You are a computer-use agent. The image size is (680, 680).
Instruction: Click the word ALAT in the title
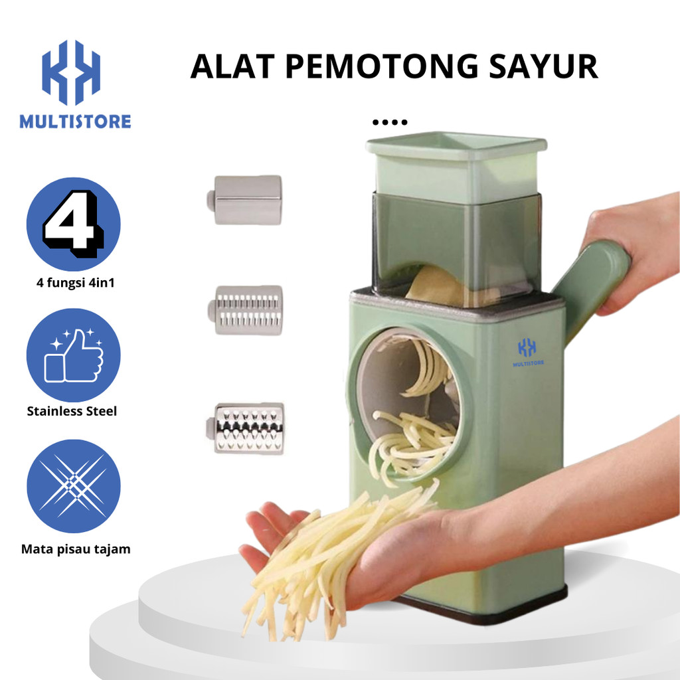pyautogui.click(x=231, y=67)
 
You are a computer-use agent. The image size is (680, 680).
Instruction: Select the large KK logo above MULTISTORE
pyautogui.click(x=70, y=72)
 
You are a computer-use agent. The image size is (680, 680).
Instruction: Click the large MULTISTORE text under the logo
pyautogui.click(x=75, y=122)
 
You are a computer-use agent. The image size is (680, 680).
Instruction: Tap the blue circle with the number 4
pyautogui.click(x=73, y=224)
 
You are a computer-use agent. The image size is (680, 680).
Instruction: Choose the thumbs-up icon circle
pyautogui.click(x=73, y=355)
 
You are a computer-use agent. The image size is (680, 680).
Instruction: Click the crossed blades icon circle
pyautogui.click(x=73, y=486)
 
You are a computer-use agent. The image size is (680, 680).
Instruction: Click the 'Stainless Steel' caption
pyautogui.click(x=72, y=411)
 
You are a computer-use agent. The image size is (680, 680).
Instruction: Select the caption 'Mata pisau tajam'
pyautogui.click(x=76, y=549)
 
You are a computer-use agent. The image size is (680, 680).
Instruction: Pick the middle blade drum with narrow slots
pyautogui.click(x=246, y=309)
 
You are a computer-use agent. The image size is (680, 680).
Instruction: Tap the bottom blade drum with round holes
pyautogui.click(x=247, y=428)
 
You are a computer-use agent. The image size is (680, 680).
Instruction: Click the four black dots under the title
pyautogui.click(x=390, y=122)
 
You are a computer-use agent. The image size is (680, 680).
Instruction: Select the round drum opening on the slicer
pyautogui.click(x=406, y=398)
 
